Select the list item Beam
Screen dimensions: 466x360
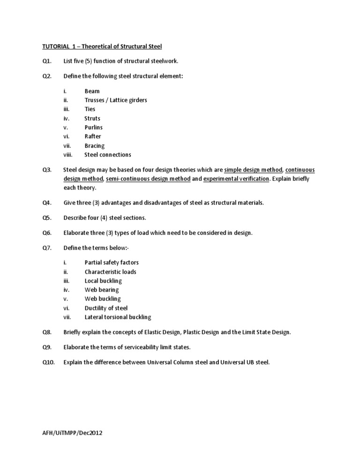(x=92, y=91)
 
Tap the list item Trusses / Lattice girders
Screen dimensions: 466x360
(x=116, y=100)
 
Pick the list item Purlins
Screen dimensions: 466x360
(x=93, y=127)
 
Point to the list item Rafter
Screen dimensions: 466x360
(x=92, y=136)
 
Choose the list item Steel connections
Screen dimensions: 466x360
(x=108, y=155)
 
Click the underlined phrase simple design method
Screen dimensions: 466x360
(x=253, y=170)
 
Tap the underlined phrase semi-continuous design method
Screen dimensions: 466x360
(x=148, y=179)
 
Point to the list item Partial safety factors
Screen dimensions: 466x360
(x=112, y=263)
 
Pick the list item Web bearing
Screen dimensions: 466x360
(x=102, y=290)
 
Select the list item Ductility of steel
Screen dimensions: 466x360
(x=106, y=308)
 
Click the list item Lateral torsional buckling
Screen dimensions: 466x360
(x=118, y=317)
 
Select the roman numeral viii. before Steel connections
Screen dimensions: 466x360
(x=68, y=155)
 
